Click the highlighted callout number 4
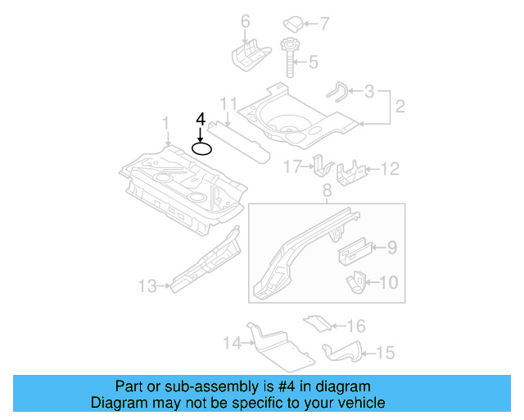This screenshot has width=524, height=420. (201, 120)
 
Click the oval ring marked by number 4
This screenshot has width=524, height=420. (201, 148)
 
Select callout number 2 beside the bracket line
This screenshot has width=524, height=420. (400, 106)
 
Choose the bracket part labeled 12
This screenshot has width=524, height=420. (350, 171)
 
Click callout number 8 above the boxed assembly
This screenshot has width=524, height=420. (327, 192)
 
